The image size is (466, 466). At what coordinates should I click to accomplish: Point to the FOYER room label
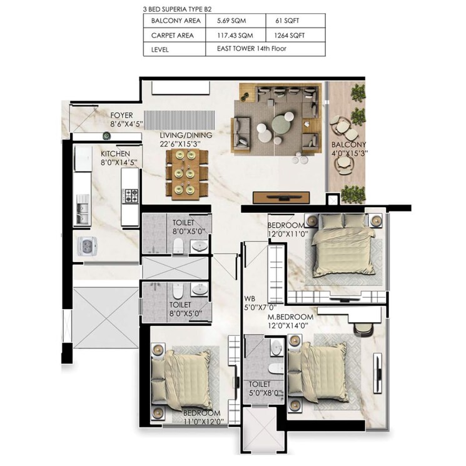(x=122, y=115)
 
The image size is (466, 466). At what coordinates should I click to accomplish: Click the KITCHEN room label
(x=116, y=153)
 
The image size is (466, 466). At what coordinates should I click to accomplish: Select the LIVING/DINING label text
(x=186, y=135)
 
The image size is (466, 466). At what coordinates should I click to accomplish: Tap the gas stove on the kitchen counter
(x=130, y=195)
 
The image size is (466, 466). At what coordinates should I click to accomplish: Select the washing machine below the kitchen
(x=86, y=246)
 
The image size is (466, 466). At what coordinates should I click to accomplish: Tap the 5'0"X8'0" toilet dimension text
(x=266, y=393)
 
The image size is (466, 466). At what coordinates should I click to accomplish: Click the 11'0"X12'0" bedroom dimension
(x=202, y=422)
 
